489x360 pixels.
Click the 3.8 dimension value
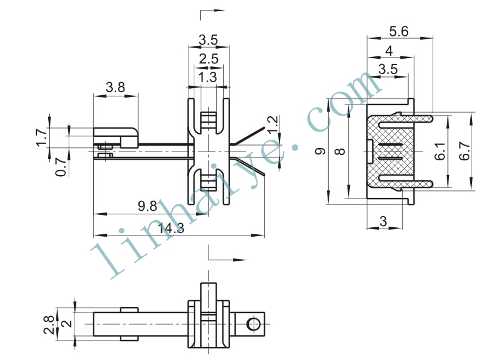(x=115, y=88)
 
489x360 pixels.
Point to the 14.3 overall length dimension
(x=171, y=228)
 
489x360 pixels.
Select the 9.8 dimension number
(x=147, y=206)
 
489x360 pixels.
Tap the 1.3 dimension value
(x=207, y=77)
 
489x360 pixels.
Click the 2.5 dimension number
(x=208, y=59)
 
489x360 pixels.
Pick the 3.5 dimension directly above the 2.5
(x=208, y=40)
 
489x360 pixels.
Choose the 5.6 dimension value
(x=399, y=31)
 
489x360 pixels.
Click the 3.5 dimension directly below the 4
(x=388, y=69)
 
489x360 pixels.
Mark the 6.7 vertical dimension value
(x=464, y=151)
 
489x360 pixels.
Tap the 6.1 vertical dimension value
(x=440, y=152)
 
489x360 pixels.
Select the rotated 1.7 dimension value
(x=41, y=137)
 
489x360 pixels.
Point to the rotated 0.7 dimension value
(x=61, y=167)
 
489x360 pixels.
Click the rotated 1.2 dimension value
(x=272, y=125)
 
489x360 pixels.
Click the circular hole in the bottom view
(x=253, y=324)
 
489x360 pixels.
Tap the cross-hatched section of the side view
(x=391, y=152)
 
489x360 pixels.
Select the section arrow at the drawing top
(x=213, y=15)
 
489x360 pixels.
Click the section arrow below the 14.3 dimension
(x=227, y=253)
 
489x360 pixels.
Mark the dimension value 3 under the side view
(x=383, y=221)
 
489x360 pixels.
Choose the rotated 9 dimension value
(x=321, y=152)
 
